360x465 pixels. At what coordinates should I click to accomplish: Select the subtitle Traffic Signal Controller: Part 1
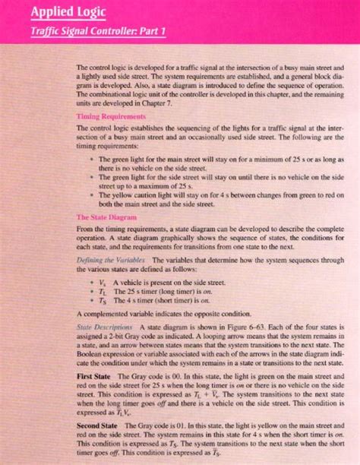click(x=87, y=32)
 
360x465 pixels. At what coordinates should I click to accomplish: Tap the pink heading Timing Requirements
click(x=111, y=116)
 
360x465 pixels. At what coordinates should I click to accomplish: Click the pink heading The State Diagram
click(x=106, y=217)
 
